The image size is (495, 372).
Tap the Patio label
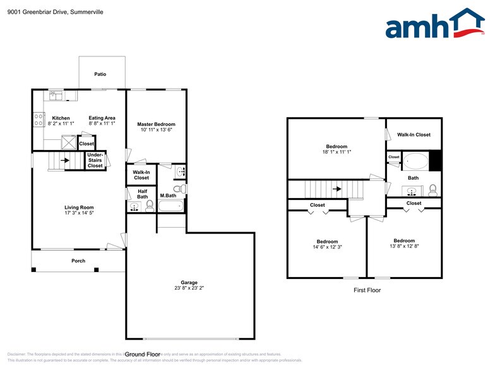[x=100, y=74]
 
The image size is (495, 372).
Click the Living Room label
[x=79, y=207]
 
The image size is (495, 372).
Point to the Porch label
[x=78, y=261]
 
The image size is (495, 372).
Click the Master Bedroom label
[x=156, y=124]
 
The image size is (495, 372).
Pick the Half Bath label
[x=142, y=194]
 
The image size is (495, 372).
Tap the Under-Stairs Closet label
[x=95, y=160]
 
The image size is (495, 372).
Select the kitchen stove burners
[x=39, y=120]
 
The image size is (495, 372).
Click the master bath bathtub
[x=170, y=206]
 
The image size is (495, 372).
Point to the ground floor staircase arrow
[x=64, y=161]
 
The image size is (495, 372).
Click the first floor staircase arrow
[x=338, y=189]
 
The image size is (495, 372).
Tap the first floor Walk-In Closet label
[x=414, y=134]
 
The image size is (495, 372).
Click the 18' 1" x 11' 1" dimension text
[x=337, y=152]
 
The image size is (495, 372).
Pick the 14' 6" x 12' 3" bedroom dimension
[x=327, y=247]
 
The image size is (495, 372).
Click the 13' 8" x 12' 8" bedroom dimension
[x=404, y=246]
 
